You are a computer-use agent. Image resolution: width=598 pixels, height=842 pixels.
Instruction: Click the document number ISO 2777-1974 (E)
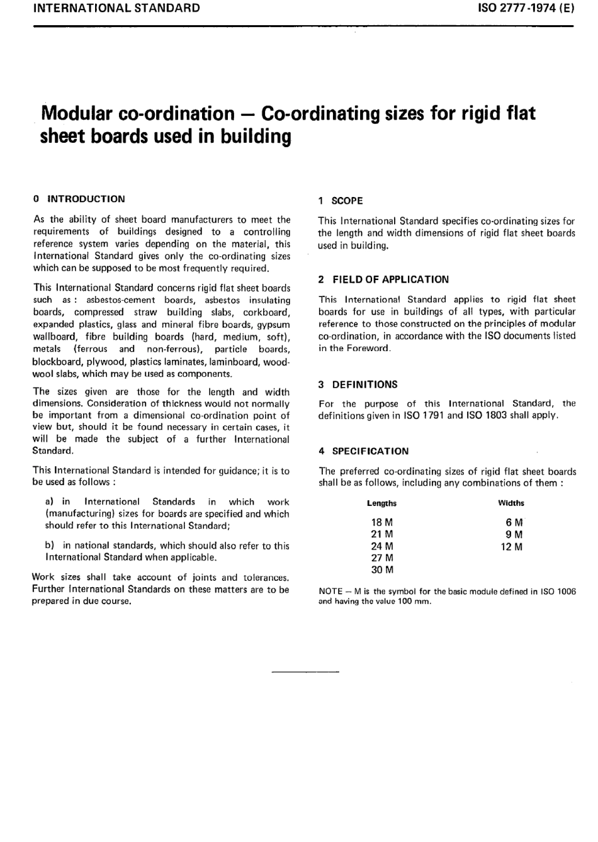click(x=522, y=9)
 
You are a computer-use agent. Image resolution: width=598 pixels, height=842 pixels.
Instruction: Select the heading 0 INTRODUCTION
click(x=79, y=199)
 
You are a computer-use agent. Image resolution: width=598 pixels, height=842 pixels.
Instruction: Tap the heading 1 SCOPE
click(x=341, y=201)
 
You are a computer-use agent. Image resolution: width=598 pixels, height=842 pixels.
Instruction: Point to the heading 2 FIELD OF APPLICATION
click(x=383, y=279)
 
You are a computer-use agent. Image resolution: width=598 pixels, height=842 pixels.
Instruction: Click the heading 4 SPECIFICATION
click(x=363, y=451)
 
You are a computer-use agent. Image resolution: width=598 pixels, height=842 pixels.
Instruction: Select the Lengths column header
click(x=381, y=503)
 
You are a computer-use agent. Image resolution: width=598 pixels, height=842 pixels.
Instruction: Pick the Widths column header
click(x=511, y=503)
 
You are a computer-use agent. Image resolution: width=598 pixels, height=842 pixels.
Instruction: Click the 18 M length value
click(x=381, y=522)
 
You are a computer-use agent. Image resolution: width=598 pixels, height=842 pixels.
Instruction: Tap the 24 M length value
click(x=381, y=546)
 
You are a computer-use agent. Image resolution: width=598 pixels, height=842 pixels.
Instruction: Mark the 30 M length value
click(x=381, y=570)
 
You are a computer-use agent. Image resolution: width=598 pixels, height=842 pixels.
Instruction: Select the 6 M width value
click(x=514, y=522)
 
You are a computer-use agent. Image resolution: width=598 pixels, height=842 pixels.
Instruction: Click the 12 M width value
click(x=511, y=547)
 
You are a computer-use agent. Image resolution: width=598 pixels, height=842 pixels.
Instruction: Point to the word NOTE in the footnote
click(x=330, y=592)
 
